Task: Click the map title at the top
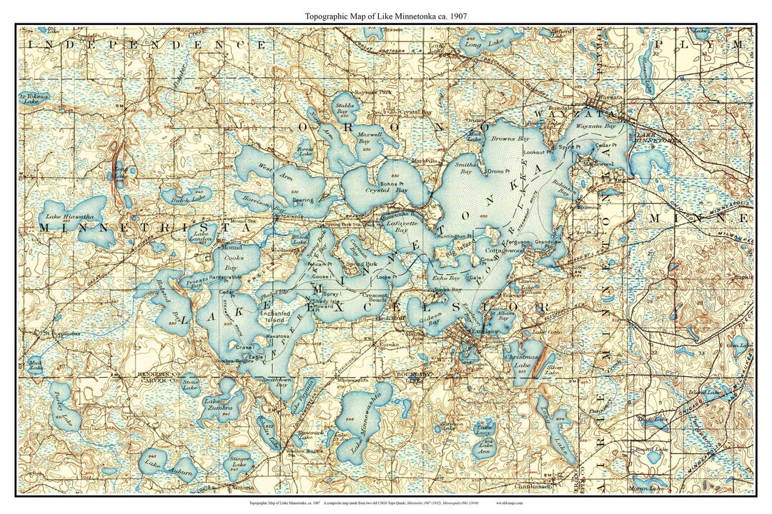coord(387,15)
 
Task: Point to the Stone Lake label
coord(190,385)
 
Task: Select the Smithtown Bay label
coord(274,383)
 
